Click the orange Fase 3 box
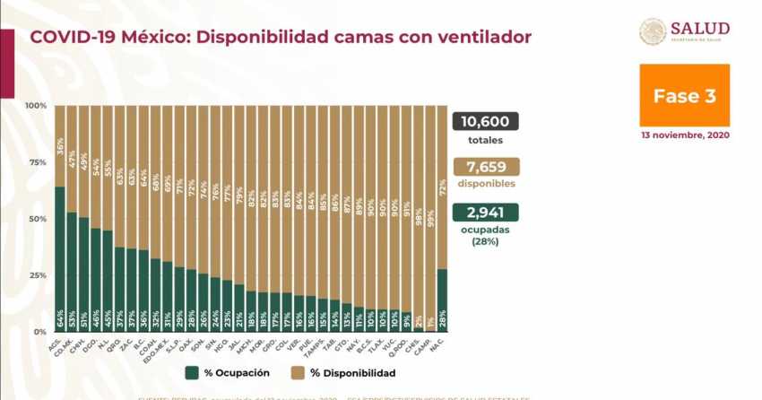[684, 95]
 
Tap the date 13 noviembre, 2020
[684, 135]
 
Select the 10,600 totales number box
[489, 121]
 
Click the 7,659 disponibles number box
[489, 166]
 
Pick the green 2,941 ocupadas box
[489, 212]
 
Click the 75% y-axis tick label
[38, 162]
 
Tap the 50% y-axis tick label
[38, 219]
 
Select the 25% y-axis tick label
[38, 275]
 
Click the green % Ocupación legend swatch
[192, 371]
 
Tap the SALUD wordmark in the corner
[700, 28]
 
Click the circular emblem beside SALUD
[652, 31]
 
